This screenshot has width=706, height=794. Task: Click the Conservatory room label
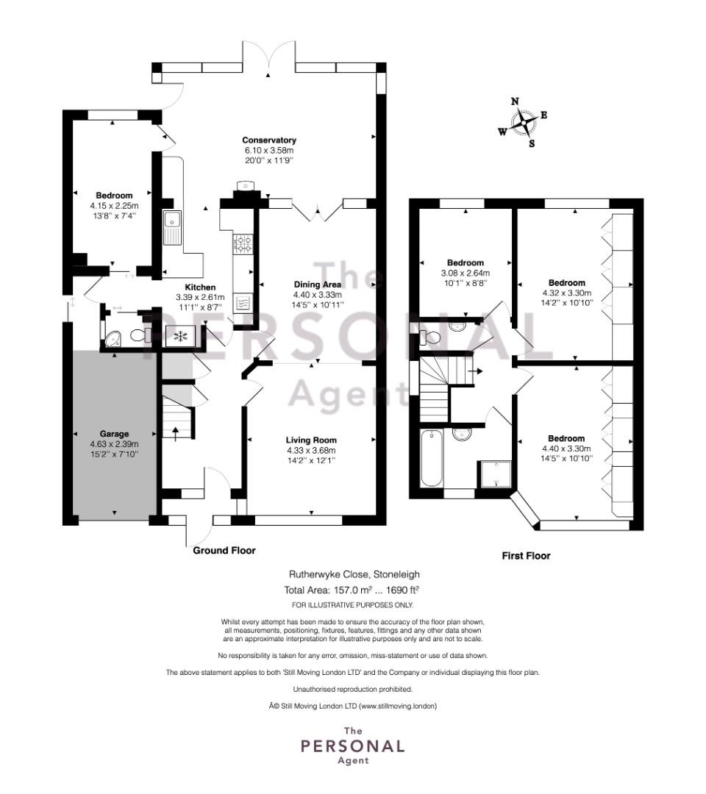(x=269, y=140)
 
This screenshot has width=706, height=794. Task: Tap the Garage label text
(x=114, y=434)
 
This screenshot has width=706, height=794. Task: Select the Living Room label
(x=311, y=440)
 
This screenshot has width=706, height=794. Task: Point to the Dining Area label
(x=318, y=285)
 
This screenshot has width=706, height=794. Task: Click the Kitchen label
(x=200, y=287)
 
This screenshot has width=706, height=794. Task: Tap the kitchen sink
(x=172, y=227)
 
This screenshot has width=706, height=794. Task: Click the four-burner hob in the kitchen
(x=243, y=243)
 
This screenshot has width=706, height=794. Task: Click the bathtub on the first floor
(x=432, y=458)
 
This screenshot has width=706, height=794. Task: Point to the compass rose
(x=523, y=123)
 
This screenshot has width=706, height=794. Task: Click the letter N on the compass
(x=515, y=101)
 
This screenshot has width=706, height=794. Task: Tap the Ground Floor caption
(x=224, y=551)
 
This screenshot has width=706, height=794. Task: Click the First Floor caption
(x=526, y=556)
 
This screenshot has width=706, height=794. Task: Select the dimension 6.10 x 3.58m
(x=269, y=151)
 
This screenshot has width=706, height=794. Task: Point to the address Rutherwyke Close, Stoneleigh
(x=354, y=574)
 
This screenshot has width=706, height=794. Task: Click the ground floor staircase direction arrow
(x=176, y=434)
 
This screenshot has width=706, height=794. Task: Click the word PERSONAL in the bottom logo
(x=353, y=746)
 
